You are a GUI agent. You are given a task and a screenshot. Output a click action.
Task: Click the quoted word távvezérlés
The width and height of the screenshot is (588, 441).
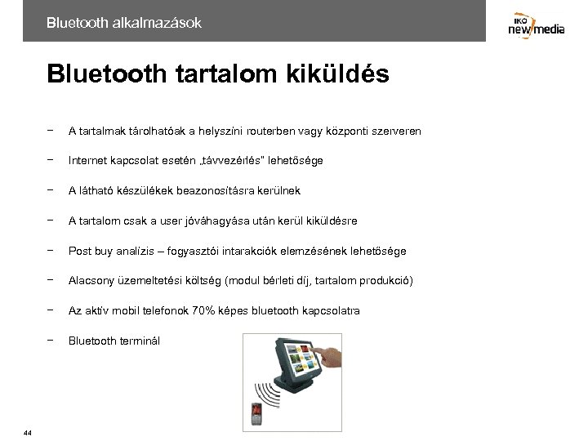240,160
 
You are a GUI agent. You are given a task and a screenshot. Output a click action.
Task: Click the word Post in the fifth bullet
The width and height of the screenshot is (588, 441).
80,251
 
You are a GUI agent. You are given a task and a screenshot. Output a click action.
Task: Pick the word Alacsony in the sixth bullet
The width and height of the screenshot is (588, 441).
92,280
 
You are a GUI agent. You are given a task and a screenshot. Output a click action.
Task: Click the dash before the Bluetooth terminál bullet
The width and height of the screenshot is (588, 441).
51,340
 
